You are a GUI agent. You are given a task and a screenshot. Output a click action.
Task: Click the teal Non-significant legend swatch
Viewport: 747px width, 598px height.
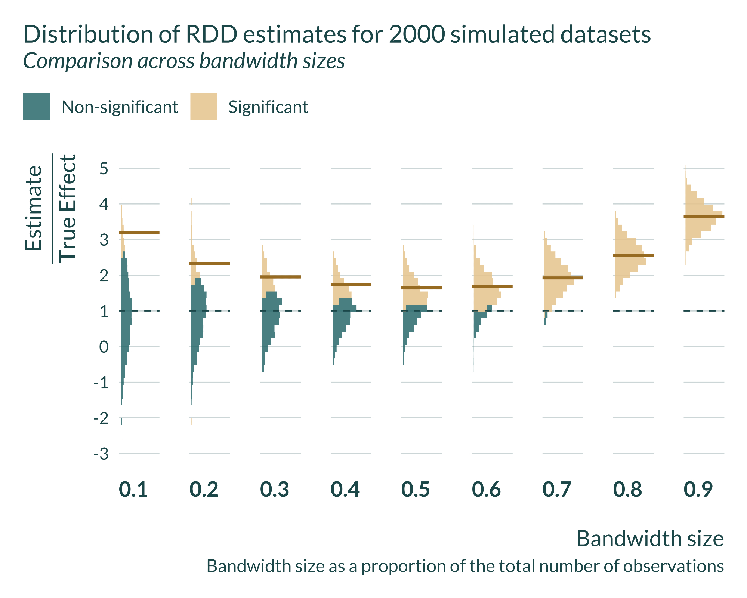(36, 107)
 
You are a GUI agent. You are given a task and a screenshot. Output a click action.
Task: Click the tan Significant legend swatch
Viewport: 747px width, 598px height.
(203, 107)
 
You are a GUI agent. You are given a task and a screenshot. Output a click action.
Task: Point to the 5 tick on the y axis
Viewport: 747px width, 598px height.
(104, 169)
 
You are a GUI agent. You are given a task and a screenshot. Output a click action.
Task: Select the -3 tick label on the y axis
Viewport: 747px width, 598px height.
(101, 454)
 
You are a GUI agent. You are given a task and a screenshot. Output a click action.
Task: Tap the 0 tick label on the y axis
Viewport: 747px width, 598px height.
(104, 347)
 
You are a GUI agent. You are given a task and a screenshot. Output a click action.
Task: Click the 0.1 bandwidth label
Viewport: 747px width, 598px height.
(133, 490)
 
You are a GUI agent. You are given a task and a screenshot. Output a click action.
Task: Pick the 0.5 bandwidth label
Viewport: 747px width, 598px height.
(416, 490)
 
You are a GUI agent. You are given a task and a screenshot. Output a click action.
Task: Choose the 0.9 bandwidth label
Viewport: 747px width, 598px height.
(698, 490)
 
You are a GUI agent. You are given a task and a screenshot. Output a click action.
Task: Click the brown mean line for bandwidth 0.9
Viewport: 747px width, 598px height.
(704, 217)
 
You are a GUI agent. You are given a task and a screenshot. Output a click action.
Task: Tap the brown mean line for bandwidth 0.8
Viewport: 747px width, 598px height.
(633, 256)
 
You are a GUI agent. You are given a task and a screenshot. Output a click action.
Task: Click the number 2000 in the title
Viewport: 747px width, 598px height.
(417, 34)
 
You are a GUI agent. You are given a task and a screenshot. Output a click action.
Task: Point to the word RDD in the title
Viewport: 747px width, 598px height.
(212, 34)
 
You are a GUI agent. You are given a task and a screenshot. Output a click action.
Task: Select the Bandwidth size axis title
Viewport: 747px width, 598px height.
(650, 539)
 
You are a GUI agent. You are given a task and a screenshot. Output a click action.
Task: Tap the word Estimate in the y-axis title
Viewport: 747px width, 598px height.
(34, 208)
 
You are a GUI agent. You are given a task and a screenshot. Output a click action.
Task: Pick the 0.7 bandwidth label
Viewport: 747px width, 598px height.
(557, 490)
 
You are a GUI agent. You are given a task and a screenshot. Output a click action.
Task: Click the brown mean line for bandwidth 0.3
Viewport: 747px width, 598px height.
(280, 277)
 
